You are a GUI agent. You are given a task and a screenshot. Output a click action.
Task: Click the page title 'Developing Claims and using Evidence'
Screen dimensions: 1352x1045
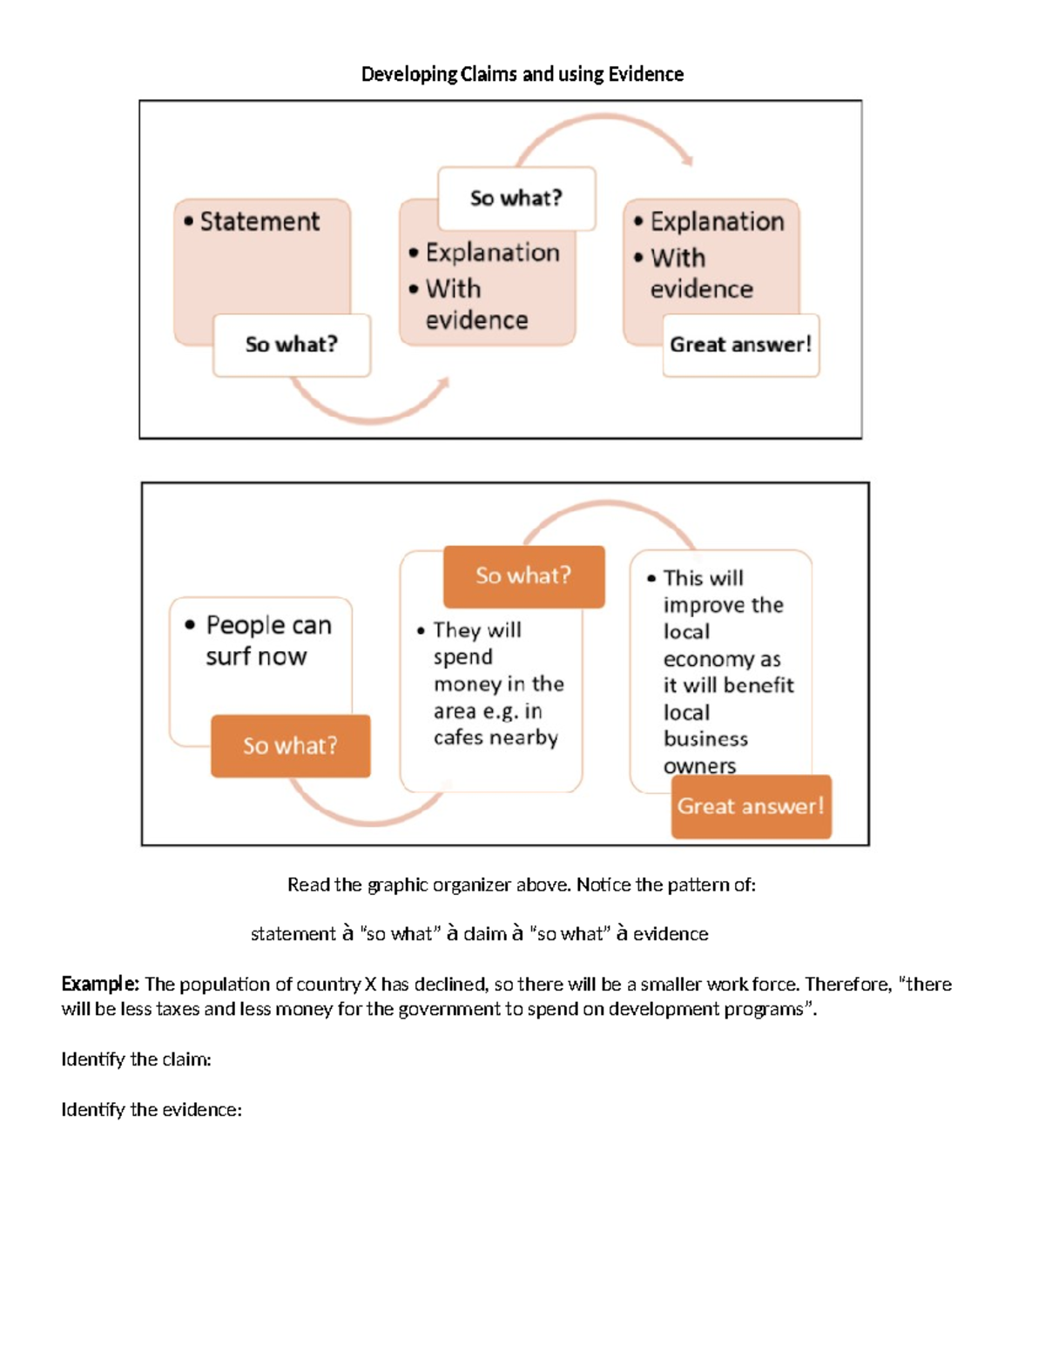pyautogui.click(x=522, y=74)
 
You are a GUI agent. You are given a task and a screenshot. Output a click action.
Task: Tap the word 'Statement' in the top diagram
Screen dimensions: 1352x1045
pyautogui.click(x=260, y=222)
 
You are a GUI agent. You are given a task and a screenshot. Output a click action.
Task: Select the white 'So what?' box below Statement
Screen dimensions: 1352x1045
pyautogui.click(x=292, y=345)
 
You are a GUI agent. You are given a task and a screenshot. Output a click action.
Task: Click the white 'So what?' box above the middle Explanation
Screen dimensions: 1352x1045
pyautogui.click(x=516, y=198)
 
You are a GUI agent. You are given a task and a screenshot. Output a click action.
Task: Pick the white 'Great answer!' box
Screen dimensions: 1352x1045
pyautogui.click(x=740, y=345)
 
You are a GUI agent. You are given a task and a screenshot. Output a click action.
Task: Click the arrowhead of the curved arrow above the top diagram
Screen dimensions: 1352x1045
pyautogui.click(x=688, y=160)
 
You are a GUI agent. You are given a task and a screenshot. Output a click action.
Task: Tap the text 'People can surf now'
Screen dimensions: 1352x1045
pyautogui.click(x=260, y=640)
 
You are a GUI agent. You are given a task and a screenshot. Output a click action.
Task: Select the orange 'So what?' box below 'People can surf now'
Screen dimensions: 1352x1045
pyautogui.click(x=290, y=746)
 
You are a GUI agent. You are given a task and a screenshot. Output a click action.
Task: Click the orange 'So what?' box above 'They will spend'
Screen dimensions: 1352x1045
pyautogui.click(x=523, y=575)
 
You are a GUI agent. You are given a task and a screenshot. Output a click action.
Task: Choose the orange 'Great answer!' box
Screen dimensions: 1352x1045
pyautogui.click(x=751, y=806)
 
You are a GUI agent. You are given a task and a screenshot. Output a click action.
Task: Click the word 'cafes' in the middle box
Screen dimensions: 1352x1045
pyautogui.click(x=458, y=737)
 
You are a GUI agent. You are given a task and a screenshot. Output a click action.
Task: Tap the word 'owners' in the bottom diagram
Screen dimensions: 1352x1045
pyautogui.click(x=699, y=766)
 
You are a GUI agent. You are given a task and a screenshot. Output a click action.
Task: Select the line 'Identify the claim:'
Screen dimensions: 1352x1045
pyautogui.click(x=136, y=1059)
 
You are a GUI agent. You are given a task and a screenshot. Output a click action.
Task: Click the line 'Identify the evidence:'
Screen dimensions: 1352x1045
pyautogui.click(x=152, y=1110)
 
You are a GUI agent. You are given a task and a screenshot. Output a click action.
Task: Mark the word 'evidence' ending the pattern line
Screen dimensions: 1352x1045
pyautogui.click(x=671, y=934)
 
